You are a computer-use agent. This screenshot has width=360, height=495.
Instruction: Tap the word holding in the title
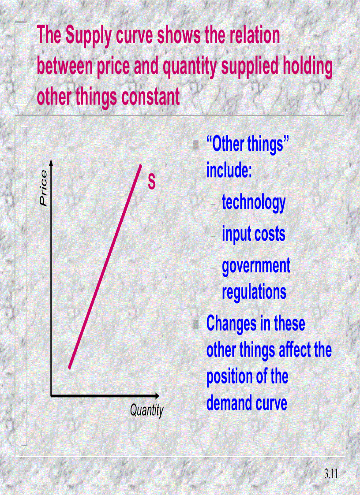[305, 67]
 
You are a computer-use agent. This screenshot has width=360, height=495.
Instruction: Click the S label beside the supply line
[152, 182]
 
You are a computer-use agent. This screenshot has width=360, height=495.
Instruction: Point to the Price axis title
[43, 188]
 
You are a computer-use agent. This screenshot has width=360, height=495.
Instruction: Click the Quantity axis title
[146, 411]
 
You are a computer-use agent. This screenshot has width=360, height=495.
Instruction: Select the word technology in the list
[254, 202]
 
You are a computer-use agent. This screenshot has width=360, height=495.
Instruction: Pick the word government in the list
[256, 266]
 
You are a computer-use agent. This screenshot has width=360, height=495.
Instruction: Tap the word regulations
[254, 292]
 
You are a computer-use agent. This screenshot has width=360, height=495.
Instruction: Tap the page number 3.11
[330, 474]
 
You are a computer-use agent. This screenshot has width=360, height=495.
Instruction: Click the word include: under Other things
[229, 171]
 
